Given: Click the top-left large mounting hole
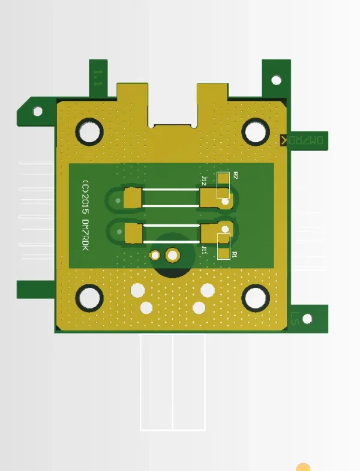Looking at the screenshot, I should [89, 131].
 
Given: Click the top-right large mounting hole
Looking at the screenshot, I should [256, 131].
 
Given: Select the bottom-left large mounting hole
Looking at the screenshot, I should [89, 298].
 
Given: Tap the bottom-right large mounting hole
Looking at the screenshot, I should [256, 298].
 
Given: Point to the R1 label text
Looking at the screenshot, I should [235, 254].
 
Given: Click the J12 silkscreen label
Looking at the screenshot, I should [205, 181].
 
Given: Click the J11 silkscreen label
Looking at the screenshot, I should [205, 249].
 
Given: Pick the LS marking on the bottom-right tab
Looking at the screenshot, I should [295, 318].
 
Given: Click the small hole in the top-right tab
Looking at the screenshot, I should [277, 80].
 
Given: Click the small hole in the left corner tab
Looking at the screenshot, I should [37, 112].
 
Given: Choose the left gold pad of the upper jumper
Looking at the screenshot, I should [133, 197].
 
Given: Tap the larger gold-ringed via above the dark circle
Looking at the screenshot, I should [173, 256].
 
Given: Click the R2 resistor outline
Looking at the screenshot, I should [223, 185].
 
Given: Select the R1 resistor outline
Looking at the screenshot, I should [223, 244].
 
